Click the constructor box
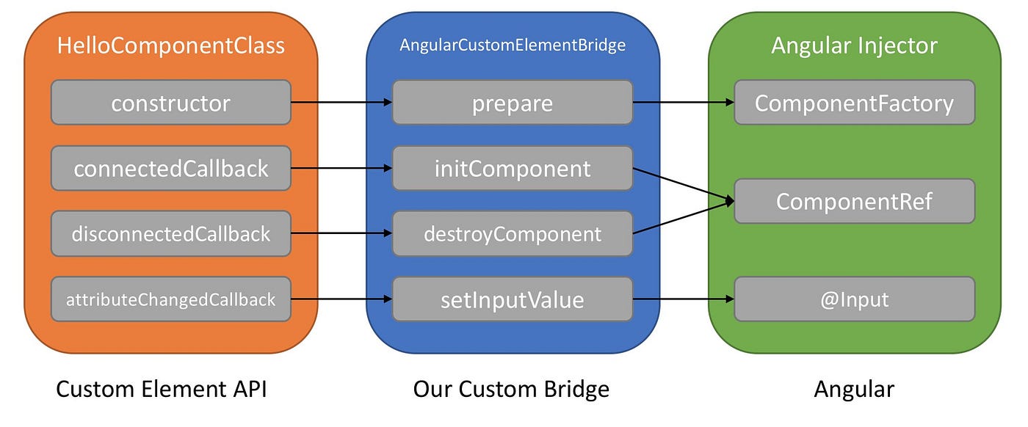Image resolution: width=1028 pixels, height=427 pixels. click(170, 103)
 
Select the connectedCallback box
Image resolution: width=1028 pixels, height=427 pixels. click(170, 169)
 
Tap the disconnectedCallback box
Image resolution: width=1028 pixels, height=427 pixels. click(170, 234)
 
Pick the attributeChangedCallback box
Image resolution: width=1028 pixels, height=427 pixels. click(170, 299)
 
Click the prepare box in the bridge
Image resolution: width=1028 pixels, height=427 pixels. click(512, 103)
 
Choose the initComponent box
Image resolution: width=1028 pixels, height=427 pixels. click(512, 169)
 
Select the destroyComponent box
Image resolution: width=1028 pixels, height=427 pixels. click(512, 234)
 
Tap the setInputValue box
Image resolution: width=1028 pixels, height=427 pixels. click(512, 299)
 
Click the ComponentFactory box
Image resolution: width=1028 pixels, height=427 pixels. click(854, 103)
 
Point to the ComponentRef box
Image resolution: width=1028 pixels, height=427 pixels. click(854, 201)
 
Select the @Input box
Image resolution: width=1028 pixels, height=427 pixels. click(854, 299)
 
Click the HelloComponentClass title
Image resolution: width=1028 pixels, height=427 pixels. click(170, 45)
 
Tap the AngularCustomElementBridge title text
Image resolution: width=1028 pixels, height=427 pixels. click(512, 45)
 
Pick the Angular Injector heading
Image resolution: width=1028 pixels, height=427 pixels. click(854, 45)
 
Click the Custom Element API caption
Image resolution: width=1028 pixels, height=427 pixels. click(161, 388)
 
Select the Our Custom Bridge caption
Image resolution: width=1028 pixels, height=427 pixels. click(511, 388)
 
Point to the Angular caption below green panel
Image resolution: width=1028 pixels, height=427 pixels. click(854, 388)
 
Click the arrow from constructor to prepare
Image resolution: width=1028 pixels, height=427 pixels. click(341, 103)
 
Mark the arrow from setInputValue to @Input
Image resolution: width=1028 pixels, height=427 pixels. click(683, 299)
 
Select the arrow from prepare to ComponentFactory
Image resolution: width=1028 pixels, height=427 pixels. click(683, 103)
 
